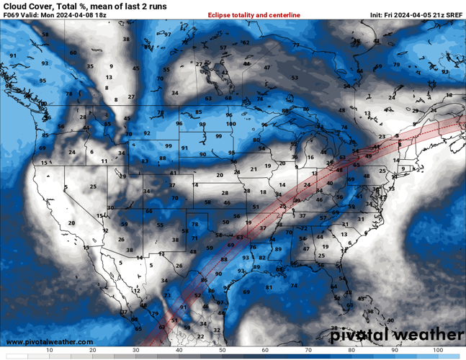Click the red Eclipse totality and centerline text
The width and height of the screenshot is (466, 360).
click(254, 14)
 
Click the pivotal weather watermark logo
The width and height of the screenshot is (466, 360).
click(397, 335)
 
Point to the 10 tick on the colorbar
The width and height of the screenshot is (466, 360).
click(49, 349)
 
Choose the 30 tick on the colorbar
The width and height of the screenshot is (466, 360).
click(135, 349)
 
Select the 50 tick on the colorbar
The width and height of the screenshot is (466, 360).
click(222, 349)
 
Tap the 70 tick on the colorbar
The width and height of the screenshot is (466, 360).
click(308, 349)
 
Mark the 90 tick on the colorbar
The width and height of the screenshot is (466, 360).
click(395, 349)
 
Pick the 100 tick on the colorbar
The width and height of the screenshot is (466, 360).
click(438, 349)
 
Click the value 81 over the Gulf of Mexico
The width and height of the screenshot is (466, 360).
click(269, 287)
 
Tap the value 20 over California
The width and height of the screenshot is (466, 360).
click(71, 223)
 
